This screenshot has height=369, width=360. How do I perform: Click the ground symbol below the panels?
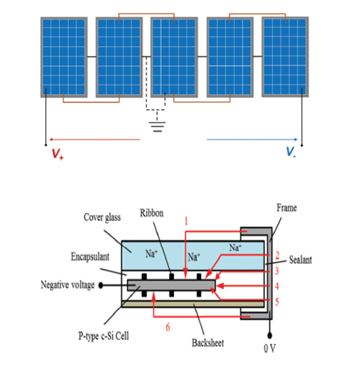coord(157,126)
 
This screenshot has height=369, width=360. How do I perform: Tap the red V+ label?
coord(58,154)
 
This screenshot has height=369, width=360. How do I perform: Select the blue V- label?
coord(291,152)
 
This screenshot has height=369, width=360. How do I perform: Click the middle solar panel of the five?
coord(174,58)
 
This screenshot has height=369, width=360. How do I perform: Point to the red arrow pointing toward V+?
coord(95,140)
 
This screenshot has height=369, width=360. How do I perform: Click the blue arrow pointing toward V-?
coord(252,140)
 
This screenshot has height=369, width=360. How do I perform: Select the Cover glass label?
coord(102,217)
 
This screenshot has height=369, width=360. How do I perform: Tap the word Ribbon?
coord(152,213)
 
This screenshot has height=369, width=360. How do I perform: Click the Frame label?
coord(287,208)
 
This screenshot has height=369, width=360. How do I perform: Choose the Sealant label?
coord(300,260)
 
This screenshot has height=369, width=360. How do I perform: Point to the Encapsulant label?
coord(90,257)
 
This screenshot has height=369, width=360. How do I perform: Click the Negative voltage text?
coord(67,285)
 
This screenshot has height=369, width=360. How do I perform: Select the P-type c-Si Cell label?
coord(104,336)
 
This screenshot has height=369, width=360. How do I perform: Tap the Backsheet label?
coord(208,343)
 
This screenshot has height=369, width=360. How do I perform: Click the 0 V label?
coord(270,348)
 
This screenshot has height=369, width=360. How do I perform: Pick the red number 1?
coord(186,221)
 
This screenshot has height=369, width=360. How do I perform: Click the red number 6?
coord(168,327)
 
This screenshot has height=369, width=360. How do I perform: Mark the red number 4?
coord(277,286)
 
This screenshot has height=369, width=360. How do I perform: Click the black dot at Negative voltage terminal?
coord(101,285)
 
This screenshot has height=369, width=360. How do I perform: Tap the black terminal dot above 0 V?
coord(270,336)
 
